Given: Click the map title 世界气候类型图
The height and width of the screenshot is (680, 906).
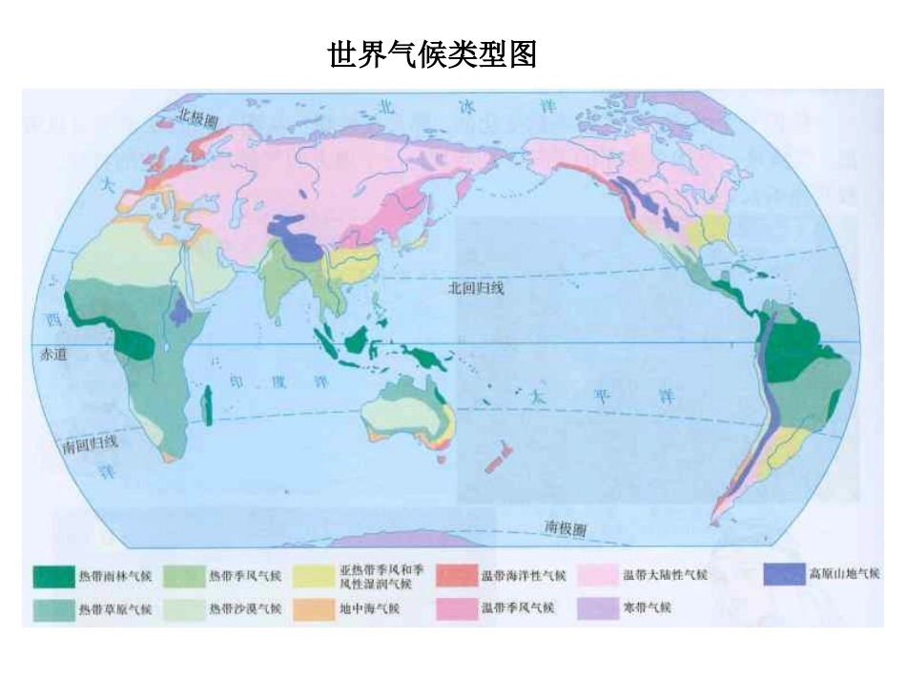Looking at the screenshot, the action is point(432,54).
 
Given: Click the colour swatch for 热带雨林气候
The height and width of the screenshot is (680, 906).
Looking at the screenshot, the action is point(53,575).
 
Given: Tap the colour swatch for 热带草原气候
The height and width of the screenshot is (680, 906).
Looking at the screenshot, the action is point(53,607).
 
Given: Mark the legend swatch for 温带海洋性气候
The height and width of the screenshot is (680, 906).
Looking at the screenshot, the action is point(456,575).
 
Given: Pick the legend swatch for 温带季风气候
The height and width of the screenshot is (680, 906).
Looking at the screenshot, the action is point(456,607).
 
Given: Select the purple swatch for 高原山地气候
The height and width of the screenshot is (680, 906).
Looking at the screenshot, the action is point(783,574).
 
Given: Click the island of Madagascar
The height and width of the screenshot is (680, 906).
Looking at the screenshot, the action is point(208,404).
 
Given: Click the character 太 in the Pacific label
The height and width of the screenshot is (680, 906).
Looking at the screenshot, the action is point(543,394).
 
